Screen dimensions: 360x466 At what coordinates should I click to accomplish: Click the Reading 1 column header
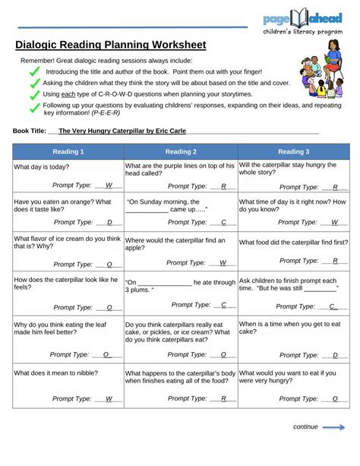tap(68, 151)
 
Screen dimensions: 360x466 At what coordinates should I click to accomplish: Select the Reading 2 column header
tap(181, 151)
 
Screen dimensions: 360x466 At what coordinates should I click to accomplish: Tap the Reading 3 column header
tap(293, 151)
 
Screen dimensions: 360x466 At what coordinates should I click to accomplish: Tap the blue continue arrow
tap(333, 427)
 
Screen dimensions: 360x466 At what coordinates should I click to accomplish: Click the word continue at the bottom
tap(305, 427)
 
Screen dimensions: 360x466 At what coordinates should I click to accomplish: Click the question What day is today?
tap(42, 166)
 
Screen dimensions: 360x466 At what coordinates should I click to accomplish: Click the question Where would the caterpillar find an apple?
tap(175, 244)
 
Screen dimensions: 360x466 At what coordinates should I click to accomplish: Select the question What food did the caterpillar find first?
tap(293, 243)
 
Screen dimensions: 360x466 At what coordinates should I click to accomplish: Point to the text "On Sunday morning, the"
tap(163, 201)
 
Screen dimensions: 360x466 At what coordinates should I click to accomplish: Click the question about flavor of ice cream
tap(68, 243)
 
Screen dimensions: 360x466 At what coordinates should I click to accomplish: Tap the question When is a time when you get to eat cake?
tap(290, 328)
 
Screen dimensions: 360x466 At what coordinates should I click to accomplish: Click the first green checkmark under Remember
tap(34, 71)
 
